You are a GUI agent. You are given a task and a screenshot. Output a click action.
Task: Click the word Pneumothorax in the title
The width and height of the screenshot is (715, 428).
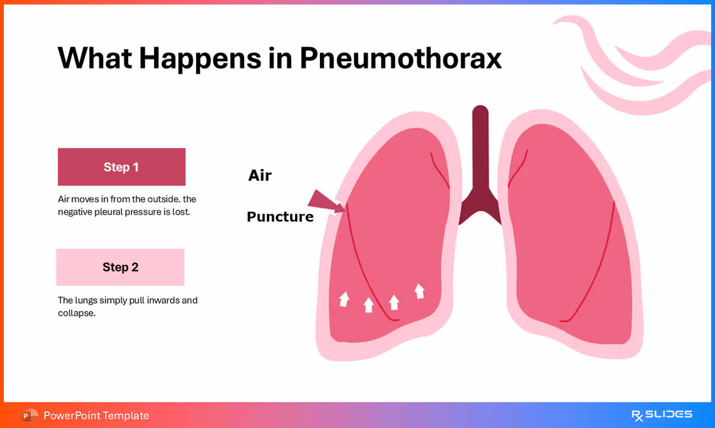[400, 58]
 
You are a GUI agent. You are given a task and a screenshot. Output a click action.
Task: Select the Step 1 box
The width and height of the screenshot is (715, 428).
[122, 167]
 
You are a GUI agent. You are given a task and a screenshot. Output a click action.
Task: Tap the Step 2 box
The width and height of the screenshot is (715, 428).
[120, 267]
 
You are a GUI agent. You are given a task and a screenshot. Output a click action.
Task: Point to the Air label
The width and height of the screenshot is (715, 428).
[260, 175]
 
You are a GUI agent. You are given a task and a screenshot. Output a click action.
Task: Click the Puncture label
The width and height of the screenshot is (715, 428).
[280, 217]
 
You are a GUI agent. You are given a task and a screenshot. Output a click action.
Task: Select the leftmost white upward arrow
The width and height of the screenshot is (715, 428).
[345, 299]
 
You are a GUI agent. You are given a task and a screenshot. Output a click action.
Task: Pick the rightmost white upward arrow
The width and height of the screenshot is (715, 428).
[419, 291]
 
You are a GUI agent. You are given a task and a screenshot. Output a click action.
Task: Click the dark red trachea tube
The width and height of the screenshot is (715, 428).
[480, 154]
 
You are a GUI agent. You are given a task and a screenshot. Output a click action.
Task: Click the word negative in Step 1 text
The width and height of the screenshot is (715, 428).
[75, 212]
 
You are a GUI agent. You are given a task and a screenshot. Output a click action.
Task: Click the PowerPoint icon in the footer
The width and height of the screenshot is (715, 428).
[30, 415]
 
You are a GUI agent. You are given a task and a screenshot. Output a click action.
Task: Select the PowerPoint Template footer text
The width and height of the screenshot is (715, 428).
[96, 415]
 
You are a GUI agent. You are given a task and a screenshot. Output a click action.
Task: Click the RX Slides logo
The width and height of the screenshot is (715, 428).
[662, 415]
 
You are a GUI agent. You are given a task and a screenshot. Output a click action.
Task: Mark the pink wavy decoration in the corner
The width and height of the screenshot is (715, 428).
[633, 66]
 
